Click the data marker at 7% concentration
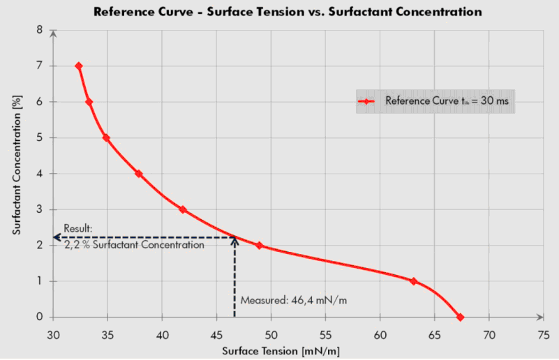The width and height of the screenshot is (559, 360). [x=79, y=66]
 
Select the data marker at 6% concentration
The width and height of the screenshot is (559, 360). [x=89, y=102]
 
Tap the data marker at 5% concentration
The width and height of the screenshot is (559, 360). [x=106, y=138]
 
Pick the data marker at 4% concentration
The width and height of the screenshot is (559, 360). [x=138, y=174]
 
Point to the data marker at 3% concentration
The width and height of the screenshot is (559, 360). [x=183, y=209]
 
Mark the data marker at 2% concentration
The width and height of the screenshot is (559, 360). [x=259, y=246]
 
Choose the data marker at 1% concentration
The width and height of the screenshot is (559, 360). [x=413, y=281]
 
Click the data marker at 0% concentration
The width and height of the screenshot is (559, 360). [x=460, y=317]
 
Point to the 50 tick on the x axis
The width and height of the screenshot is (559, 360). [x=271, y=333]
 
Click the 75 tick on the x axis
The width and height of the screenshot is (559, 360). [x=542, y=333]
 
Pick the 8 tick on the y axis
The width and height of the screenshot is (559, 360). [x=38, y=31]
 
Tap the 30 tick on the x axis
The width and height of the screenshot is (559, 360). [x=53, y=333]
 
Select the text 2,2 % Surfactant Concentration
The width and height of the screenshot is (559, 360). [x=134, y=245]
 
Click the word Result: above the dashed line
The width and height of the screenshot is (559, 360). [x=77, y=229]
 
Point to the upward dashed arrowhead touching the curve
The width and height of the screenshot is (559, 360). [x=234, y=242]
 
